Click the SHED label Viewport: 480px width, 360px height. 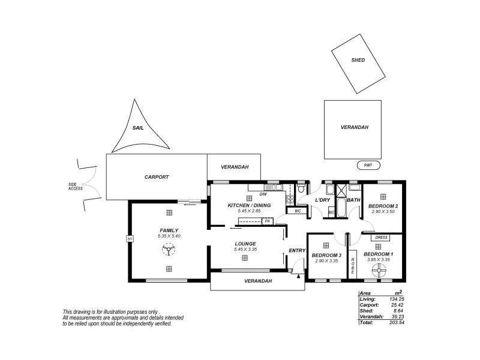(358, 61)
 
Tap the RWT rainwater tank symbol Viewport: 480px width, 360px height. (368, 165)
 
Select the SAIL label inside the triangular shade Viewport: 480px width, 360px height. (137, 128)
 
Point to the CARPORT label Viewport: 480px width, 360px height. (157, 177)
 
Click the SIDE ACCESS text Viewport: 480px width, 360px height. (76, 187)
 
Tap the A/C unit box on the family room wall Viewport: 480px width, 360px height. (129, 239)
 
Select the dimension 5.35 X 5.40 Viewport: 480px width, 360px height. (169, 236)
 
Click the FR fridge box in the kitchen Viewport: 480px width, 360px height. (267, 221)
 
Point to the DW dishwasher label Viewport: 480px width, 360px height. (263, 194)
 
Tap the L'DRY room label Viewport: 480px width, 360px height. (323, 199)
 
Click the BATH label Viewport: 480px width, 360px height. (353, 200)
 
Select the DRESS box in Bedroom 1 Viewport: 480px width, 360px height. (378, 238)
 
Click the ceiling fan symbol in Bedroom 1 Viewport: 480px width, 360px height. (378, 271)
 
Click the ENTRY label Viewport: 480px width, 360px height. (297, 250)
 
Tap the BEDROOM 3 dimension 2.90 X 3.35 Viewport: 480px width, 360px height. (326, 260)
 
